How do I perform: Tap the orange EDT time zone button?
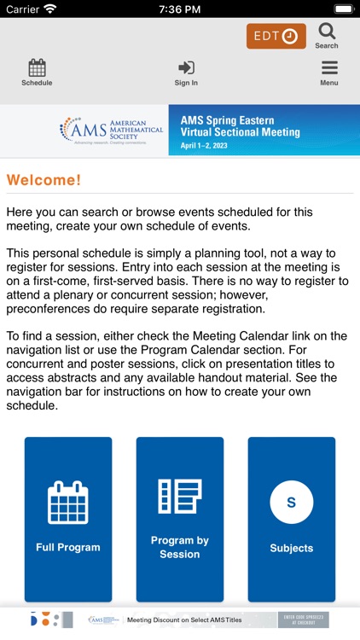coord(276,36)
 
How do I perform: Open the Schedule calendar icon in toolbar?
coord(37,68)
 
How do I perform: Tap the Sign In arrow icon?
coord(186,68)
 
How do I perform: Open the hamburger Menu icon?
coord(329,68)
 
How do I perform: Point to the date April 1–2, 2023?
coord(206,146)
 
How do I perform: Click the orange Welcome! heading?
coord(44,181)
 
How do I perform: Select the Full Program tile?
coord(68,519)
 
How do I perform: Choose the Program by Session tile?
coord(180,519)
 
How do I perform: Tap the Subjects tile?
coord(292,519)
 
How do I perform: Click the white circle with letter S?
coord(292,503)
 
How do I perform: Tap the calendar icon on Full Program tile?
coord(68,503)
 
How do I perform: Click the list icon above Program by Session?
coord(180,497)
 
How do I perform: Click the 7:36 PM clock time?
coord(179,9)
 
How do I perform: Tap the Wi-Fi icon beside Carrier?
coord(49,9)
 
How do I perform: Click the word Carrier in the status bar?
coord(23,9)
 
